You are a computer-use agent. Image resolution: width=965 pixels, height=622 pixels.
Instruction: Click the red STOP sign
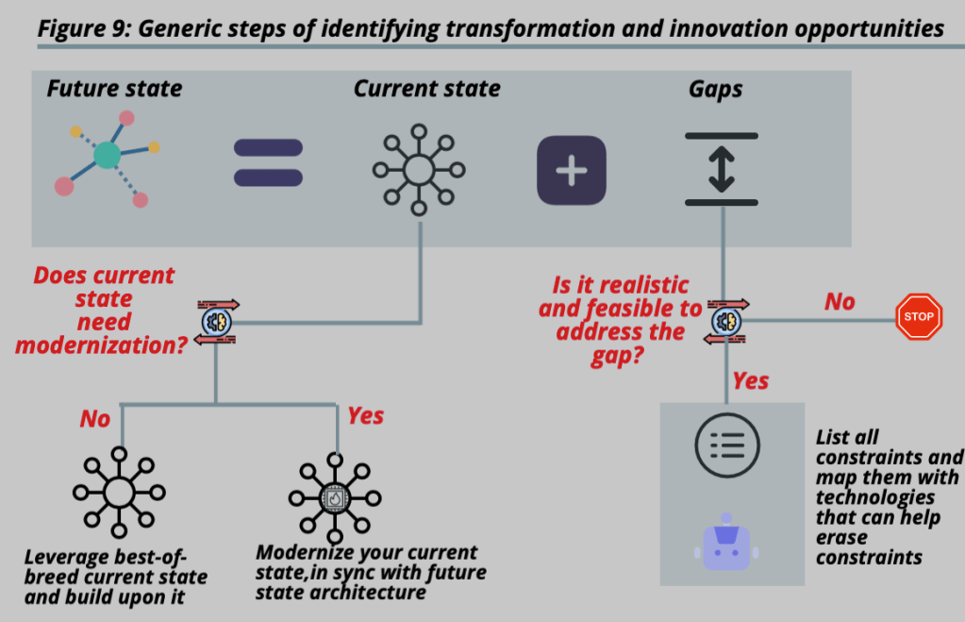pyautogui.click(x=918, y=317)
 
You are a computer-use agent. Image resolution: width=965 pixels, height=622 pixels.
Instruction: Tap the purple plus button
pyautogui.click(x=571, y=171)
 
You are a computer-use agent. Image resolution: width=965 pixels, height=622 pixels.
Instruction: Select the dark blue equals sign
pyautogui.click(x=269, y=162)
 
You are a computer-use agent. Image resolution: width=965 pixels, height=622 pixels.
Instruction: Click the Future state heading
pyautogui.click(x=114, y=90)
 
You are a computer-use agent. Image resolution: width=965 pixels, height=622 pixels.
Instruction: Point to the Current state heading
pyautogui.click(x=427, y=90)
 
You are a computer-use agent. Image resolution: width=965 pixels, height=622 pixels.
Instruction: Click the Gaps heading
pyautogui.click(x=715, y=90)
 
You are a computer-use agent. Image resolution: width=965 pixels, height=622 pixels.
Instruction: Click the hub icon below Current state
pyautogui.click(x=419, y=170)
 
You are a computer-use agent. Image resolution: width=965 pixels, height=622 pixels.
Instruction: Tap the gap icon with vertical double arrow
pyautogui.click(x=722, y=170)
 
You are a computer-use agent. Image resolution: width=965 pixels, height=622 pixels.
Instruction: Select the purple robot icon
pyautogui.click(x=725, y=542)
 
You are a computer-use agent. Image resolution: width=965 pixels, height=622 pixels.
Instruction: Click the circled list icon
pyautogui.click(x=726, y=444)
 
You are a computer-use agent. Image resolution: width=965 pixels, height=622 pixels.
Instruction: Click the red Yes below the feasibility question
pyautogui.click(x=751, y=381)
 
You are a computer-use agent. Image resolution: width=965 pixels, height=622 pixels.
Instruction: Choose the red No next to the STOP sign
pyautogui.click(x=840, y=302)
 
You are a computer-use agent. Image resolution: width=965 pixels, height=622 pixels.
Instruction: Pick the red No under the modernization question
pyautogui.click(x=94, y=419)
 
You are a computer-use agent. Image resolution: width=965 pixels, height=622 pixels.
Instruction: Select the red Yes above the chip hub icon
pyautogui.click(x=365, y=416)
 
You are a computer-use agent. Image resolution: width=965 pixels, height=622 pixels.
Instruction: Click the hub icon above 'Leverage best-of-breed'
pyautogui.click(x=119, y=493)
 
